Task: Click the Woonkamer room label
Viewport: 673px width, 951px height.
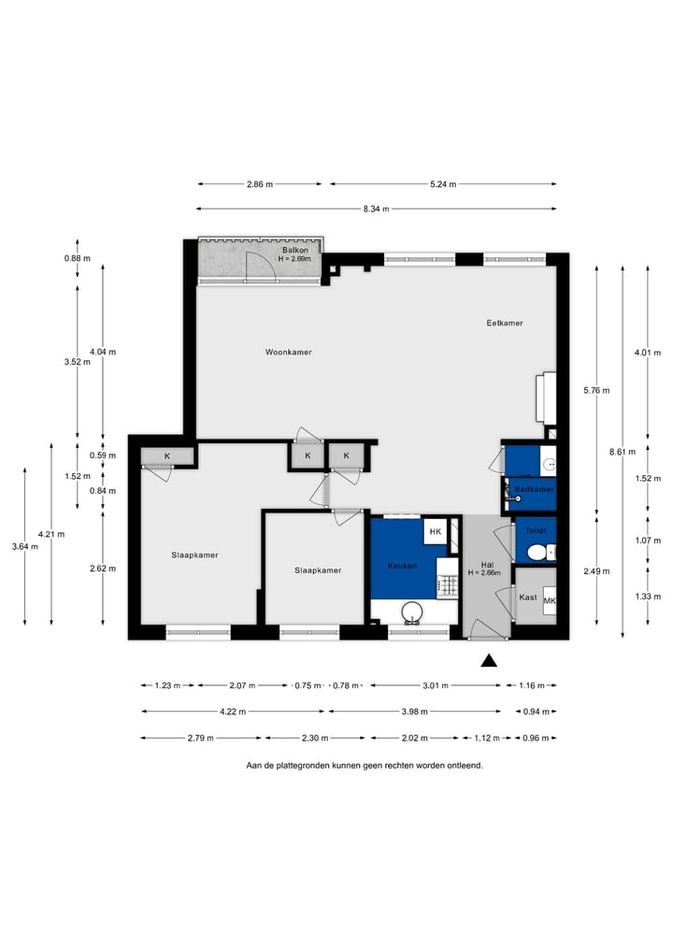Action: pos(288,353)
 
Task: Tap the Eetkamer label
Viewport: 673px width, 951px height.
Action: pos(505,323)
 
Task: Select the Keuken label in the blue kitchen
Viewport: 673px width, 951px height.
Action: pos(402,566)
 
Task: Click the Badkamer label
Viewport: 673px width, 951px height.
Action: pos(534,489)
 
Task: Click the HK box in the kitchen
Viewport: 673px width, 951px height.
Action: pos(434,532)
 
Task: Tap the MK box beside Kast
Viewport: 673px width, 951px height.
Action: pos(550,600)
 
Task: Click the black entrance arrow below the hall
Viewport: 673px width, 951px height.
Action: pos(488,662)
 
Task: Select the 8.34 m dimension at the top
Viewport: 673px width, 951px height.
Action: pos(376,209)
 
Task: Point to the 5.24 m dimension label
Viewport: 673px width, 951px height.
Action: pos(443,184)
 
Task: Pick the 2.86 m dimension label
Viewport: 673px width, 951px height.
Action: pos(261,184)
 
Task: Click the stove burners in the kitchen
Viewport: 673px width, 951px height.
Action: pos(448,586)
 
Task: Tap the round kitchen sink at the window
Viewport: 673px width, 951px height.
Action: pos(411,612)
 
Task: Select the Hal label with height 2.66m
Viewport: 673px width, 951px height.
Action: pos(486,569)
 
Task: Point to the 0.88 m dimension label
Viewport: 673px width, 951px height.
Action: pos(77,258)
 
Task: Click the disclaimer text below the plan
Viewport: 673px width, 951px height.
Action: pos(364,764)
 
